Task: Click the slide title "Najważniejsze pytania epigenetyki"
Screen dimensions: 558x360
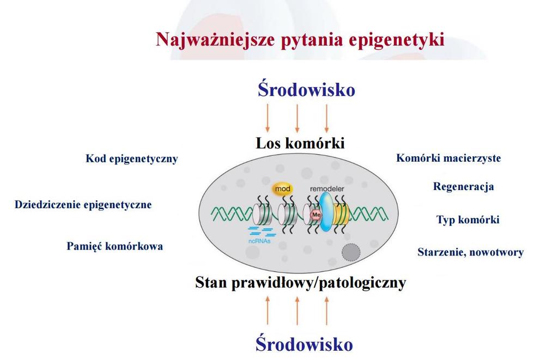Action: pos(300,40)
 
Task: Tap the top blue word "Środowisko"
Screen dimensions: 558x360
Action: pos(306,89)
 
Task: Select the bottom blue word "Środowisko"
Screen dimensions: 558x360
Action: pos(304,344)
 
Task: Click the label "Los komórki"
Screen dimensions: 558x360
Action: pos(300,143)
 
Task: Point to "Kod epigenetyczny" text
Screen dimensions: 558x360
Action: pos(132,158)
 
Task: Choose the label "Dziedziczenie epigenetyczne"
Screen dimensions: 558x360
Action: pos(83,205)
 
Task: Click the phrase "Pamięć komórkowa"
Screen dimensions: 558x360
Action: pos(114,246)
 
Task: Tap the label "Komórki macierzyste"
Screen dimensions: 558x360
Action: pos(448,158)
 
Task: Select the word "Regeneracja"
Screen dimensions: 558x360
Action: pos(463,187)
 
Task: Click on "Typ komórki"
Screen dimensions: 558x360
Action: pos(468,219)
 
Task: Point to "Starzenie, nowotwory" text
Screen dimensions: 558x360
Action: pos(470,252)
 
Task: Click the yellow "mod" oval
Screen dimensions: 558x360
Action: pos(283,189)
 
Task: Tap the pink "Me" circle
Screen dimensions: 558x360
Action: pos(317,215)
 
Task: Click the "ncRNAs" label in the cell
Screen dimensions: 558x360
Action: pos(259,241)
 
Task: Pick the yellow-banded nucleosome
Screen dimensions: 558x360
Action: pos(341,215)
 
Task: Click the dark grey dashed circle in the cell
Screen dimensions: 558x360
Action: pos(351,252)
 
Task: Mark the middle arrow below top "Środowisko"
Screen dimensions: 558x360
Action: pos(297,119)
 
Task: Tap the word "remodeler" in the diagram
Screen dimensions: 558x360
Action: pos(327,188)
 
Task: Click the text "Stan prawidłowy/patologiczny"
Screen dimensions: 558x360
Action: pos(301,283)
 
